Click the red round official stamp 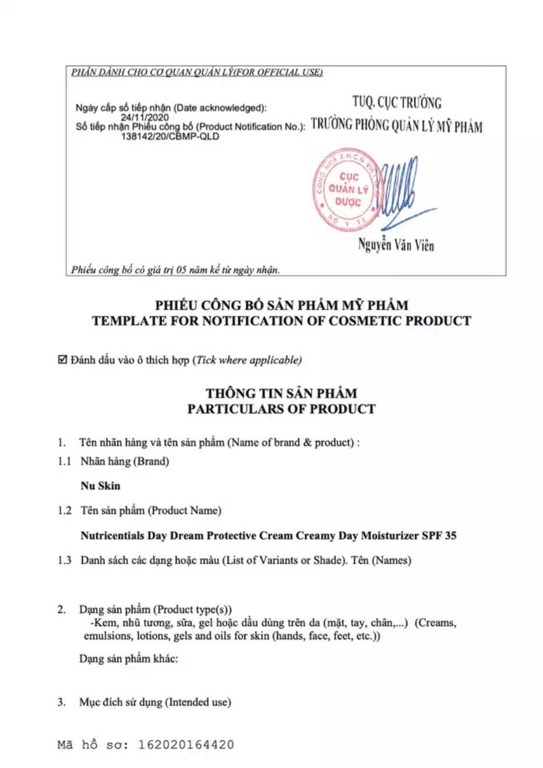[x=348, y=190]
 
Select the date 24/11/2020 [x=145, y=117]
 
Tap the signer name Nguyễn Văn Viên [x=396, y=245]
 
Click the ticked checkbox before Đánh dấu [x=62, y=360]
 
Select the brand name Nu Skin [x=101, y=486]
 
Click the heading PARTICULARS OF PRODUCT [x=281, y=409]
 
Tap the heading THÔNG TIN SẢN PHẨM [x=281, y=393]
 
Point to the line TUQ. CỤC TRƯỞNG [x=397, y=103]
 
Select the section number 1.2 [x=64, y=511]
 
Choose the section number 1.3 [x=64, y=560]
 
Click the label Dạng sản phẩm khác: [x=128, y=659]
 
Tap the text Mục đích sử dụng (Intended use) [x=155, y=702]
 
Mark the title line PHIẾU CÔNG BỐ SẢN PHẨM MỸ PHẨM [x=281, y=305]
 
